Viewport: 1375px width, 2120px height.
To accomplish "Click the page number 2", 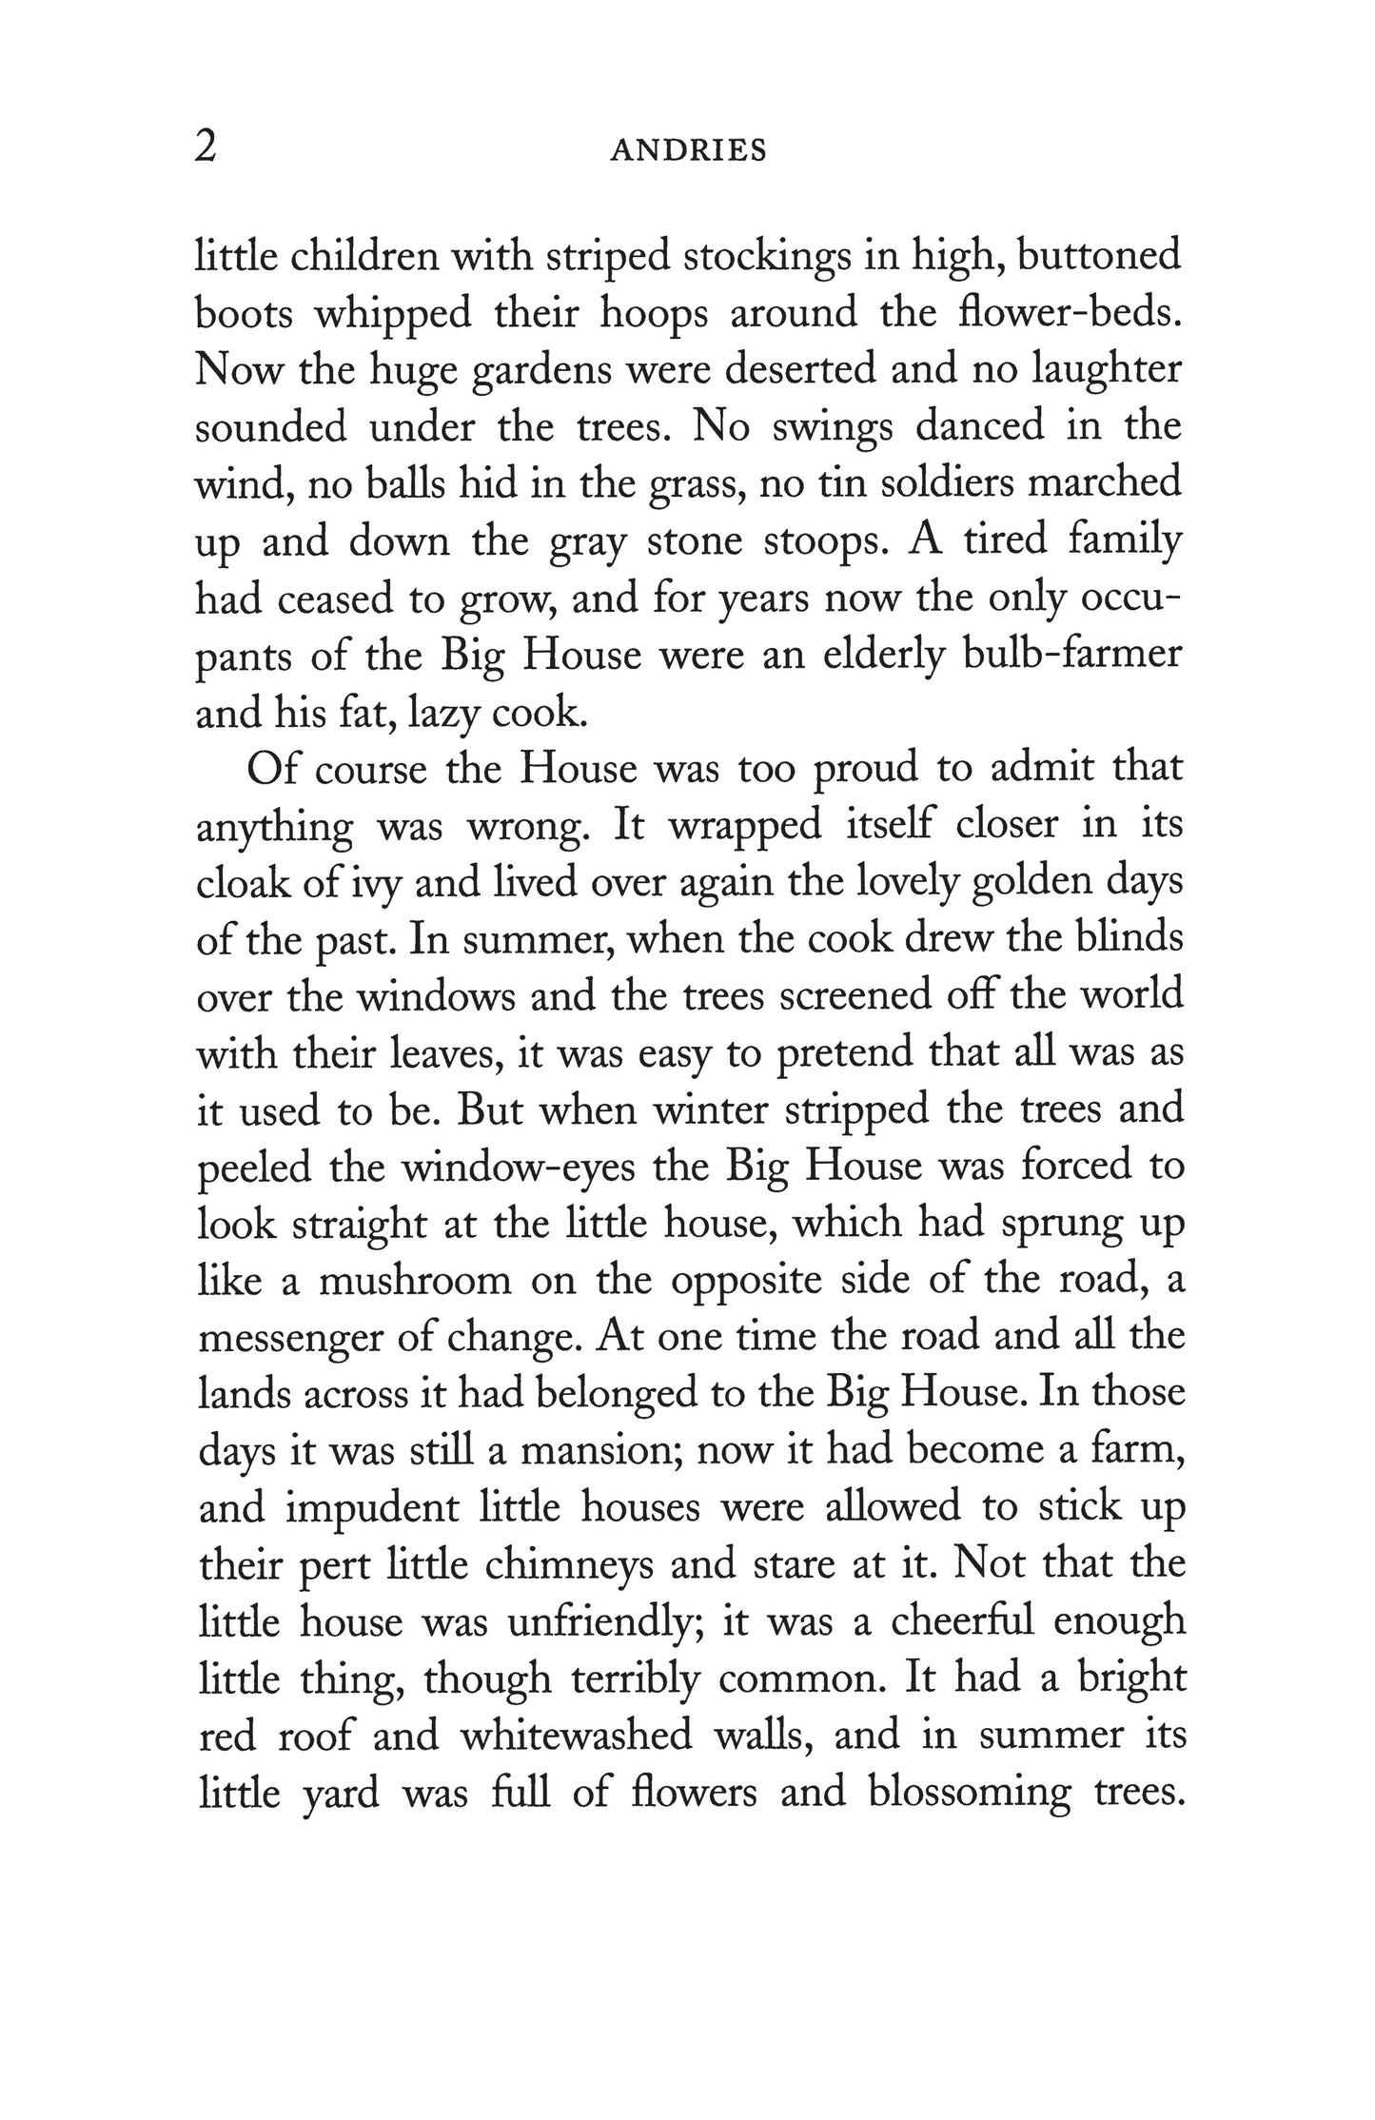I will coord(206,148).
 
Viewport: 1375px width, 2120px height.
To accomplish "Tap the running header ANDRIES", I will coord(688,151).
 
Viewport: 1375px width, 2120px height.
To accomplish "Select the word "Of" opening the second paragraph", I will coord(271,769).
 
